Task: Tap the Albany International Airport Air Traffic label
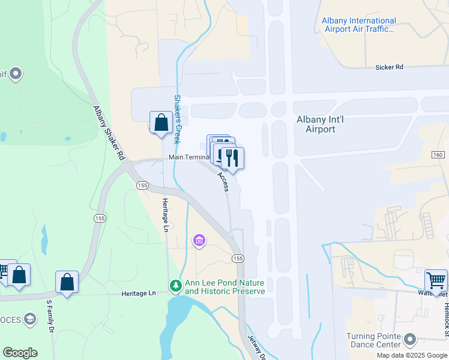pyautogui.click(x=359, y=25)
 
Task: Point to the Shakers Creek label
pyautogui.click(x=178, y=119)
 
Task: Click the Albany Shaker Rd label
pyautogui.click(x=109, y=133)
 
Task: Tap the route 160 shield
pyautogui.click(x=438, y=155)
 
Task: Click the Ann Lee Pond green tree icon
pyautogui.click(x=176, y=285)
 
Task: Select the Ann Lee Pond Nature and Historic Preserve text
pyautogui.click(x=224, y=287)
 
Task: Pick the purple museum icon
pyautogui.click(x=199, y=241)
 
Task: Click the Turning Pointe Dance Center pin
pyautogui.click(x=411, y=340)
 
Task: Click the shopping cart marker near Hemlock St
pyautogui.click(x=436, y=280)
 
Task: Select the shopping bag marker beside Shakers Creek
pyautogui.click(x=161, y=122)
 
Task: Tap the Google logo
pyautogui.click(x=20, y=353)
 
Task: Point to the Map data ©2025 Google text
pyautogui.click(x=412, y=355)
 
